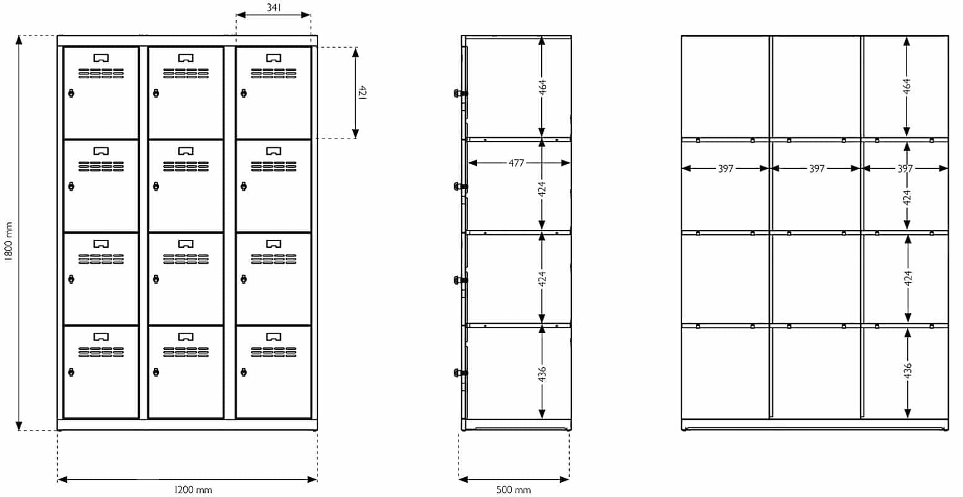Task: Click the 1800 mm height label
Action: (9, 241)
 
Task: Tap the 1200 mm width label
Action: (193, 490)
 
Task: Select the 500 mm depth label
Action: (513, 490)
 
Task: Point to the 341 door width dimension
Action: (274, 7)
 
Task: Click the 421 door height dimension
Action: (362, 93)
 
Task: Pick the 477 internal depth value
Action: (516, 163)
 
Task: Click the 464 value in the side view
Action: (542, 87)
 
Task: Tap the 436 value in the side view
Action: (542, 373)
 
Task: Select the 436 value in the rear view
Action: (908, 371)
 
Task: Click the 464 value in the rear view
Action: (906, 86)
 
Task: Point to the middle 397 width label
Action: (817, 168)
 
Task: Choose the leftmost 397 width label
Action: (726, 168)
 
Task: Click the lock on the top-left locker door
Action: (71, 93)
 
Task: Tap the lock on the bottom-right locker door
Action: (244, 372)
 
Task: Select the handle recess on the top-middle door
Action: (186, 58)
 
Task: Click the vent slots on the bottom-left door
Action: (101, 352)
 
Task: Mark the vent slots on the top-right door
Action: (274, 73)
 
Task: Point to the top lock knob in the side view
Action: (460, 93)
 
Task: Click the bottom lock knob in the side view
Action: (460, 373)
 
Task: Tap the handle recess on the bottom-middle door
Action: (186, 337)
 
